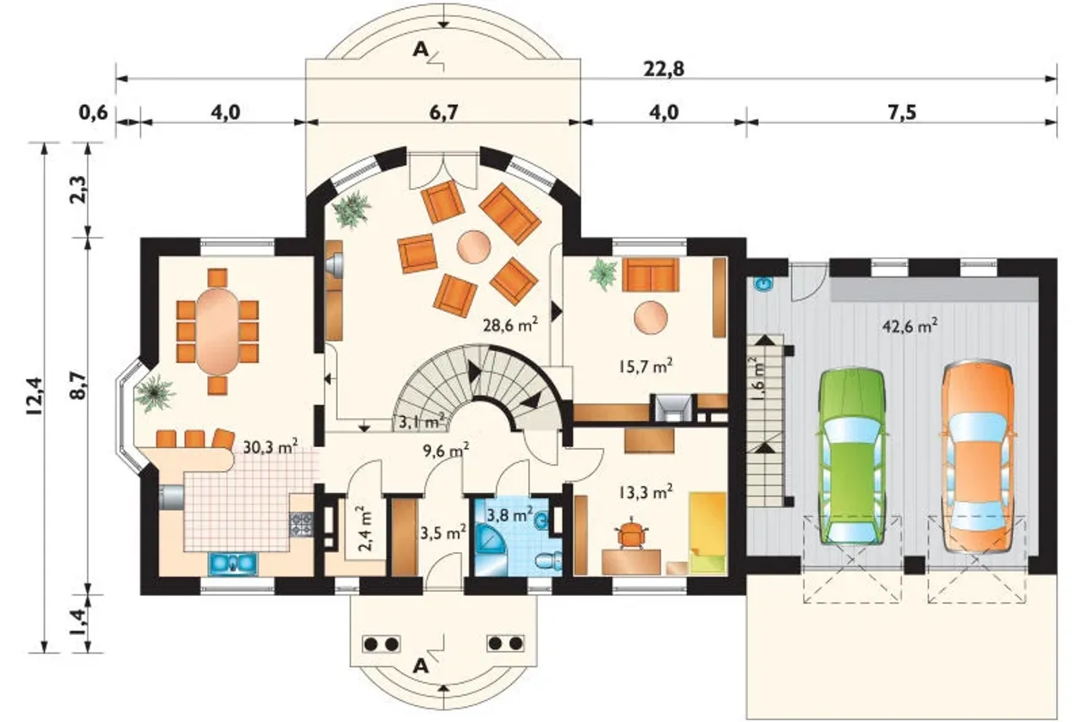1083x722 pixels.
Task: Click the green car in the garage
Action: pos(852,457)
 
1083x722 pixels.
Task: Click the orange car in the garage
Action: pos(976,457)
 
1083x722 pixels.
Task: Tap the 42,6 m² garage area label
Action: pos(910,325)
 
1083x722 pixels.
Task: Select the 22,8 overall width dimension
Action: pos(664,69)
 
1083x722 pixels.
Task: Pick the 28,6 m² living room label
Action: pos(510,325)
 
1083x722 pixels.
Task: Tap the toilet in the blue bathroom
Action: pos(549,561)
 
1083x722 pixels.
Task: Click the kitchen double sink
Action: pos(233,564)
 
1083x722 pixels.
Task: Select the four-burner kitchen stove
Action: pos(301,524)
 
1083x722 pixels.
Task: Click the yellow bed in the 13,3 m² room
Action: pos(708,533)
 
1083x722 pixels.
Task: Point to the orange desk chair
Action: pos(631,532)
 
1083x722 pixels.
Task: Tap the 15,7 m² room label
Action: pos(646,366)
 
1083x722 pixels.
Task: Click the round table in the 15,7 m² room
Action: pos(651,318)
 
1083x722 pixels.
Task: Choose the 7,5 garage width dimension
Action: pos(902,112)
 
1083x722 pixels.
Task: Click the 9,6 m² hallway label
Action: pos(446,451)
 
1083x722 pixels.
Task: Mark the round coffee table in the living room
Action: pos(474,247)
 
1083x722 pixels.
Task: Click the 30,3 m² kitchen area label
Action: pos(270,447)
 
